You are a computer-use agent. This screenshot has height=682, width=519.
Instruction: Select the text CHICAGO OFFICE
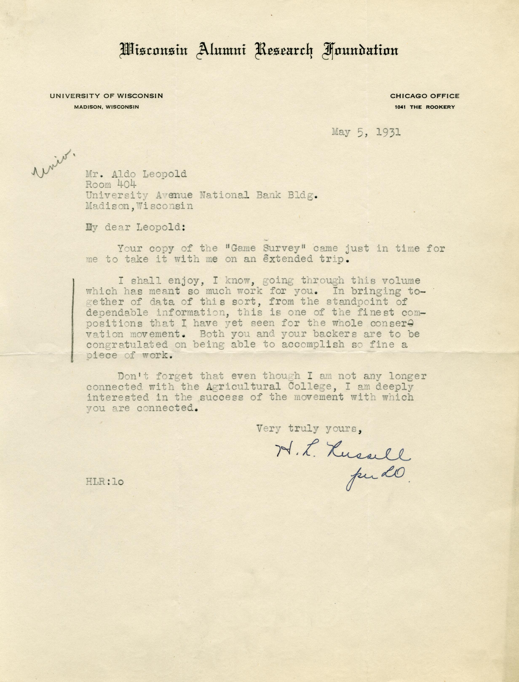424,96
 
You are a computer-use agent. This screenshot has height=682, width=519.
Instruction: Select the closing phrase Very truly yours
309,428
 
